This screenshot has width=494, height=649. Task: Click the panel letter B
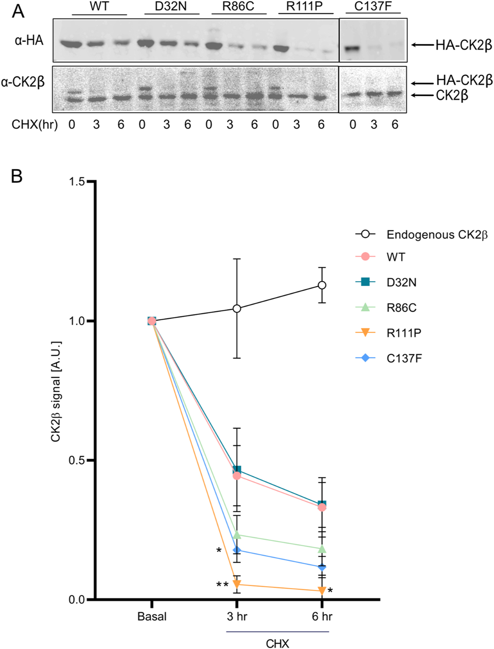pyautogui.click(x=17, y=176)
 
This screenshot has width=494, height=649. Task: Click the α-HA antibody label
pyautogui.click(x=29, y=40)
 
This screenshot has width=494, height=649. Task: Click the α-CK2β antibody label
pyautogui.click(x=23, y=82)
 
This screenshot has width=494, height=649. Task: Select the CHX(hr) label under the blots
pyautogui.click(x=35, y=124)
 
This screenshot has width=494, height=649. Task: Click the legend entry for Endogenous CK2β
pyautogui.click(x=437, y=235)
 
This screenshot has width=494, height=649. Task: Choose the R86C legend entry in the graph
pyautogui.click(x=401, y=308)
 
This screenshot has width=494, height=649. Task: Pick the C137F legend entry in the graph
pyautogui.click(x=404, y=358)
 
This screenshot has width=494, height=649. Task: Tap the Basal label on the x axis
pyautogui.click(x=152, y=617)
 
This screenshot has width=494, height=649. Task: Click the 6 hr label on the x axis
pyautogui.click(x=322, y=617)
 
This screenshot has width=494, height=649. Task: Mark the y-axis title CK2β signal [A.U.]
pyautogui.click(x=55, y=392)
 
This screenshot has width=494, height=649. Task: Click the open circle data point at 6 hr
pyautogui.click(x=322, y=285)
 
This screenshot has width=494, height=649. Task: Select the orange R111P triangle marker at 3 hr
pyautogui.click(x=237, y=584)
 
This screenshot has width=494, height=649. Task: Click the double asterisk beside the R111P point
pyautogui.click(x=222, y=585)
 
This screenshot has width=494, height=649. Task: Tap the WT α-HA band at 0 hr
pyautogui.click(x=72, y=45)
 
